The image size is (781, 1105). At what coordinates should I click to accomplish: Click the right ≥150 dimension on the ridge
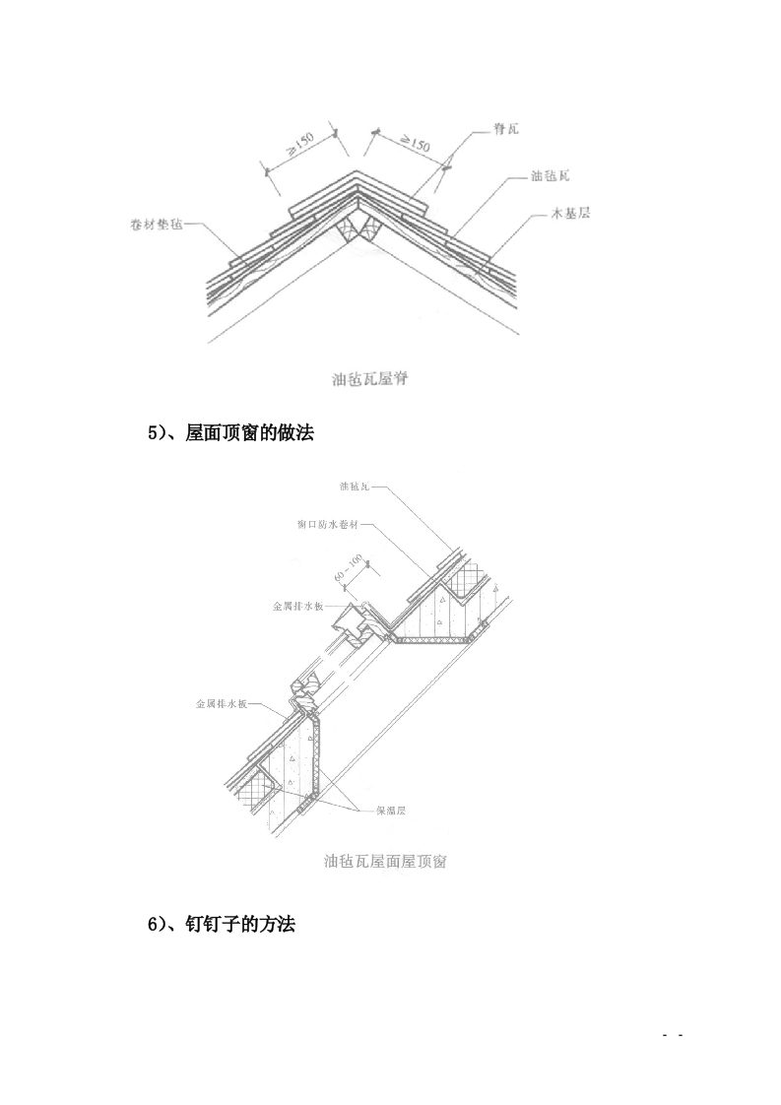pos(413,145)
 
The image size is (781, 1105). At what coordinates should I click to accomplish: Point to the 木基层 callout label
pos(570,213)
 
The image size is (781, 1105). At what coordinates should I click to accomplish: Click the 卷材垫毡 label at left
pos(156,224)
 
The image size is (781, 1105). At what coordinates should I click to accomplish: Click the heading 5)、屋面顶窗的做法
pos(230,432)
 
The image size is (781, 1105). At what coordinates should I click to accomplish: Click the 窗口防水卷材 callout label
pos(328,525)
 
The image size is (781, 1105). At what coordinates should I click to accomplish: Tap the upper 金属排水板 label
pos(298,607)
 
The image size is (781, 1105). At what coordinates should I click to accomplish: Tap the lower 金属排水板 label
pos(221,705)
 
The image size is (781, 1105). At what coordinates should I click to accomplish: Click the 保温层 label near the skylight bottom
pos(391,811)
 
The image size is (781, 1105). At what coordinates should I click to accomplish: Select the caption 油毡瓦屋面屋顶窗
pos(386,862)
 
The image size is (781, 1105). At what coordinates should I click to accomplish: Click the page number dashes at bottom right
pos(673,1036)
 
